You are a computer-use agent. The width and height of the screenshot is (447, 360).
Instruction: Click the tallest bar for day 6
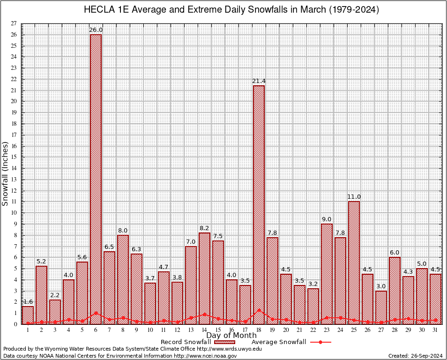pos(96,178)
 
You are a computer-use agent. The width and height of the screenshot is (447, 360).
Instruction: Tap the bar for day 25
pos(354,262)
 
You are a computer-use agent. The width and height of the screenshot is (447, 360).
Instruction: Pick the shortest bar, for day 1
pos(28,315)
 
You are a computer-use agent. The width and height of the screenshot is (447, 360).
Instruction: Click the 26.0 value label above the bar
pos(96,30)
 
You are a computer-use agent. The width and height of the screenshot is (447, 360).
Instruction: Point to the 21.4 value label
pos(259,81)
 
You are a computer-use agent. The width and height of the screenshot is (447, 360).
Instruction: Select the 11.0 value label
pos(354,197)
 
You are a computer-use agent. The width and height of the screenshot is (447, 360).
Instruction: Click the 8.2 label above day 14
pos(204,228)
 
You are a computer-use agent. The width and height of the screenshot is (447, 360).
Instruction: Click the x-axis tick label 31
pos(435,330)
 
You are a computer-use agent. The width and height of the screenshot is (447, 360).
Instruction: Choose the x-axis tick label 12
pos(177,330)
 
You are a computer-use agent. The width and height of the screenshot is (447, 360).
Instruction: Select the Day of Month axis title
pos(231,336)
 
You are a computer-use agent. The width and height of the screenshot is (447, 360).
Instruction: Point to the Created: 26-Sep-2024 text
pos(415,356)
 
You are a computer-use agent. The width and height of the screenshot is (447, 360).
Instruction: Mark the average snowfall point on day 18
pos(259,309)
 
